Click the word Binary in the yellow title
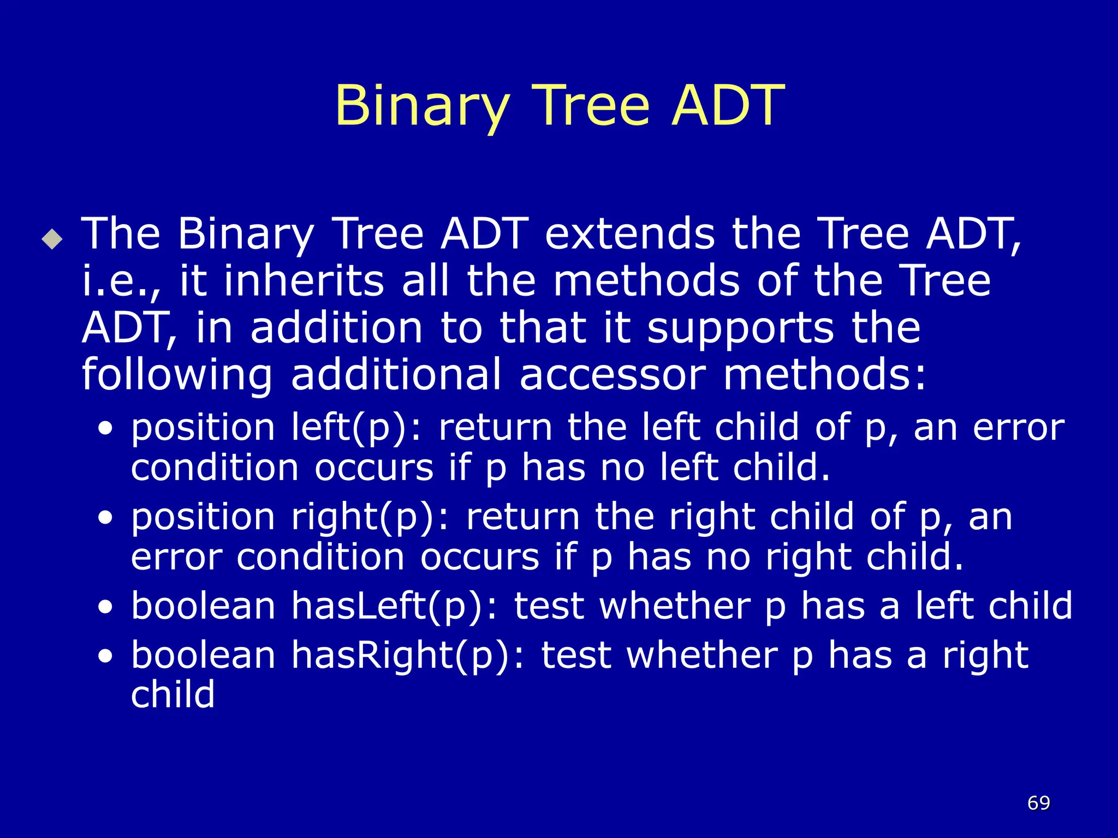423,106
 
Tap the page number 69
1038,803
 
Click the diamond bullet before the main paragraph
52,239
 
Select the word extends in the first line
629,234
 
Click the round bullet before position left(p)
105,428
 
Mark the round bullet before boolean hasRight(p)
105,656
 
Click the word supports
740,328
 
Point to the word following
177,375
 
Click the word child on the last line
173,695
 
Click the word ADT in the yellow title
727,106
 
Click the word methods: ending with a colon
824,375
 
